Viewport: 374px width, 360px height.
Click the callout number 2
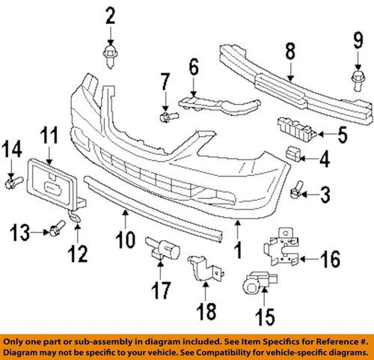[111, 14]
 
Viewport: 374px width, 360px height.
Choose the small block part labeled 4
[295, 156]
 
